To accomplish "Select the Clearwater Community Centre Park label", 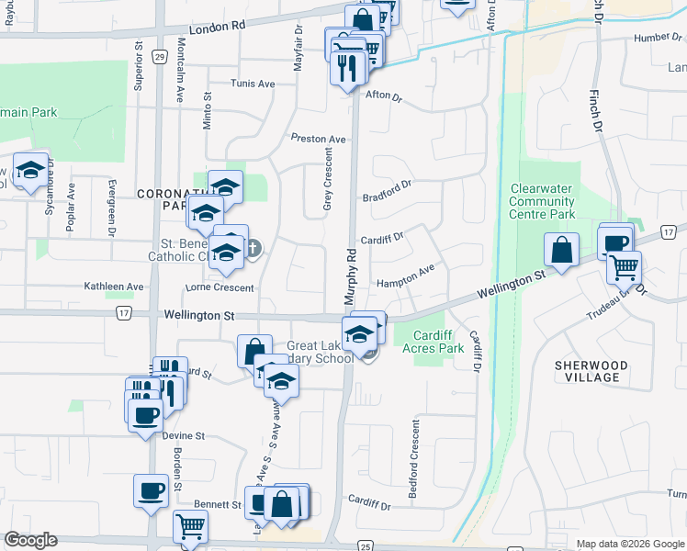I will pyautogui.click(x=542, y=201).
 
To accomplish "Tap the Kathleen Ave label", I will pyautogui.click(x=114, y=287).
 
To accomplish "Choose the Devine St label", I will pyautogui.click(x=184, y=436).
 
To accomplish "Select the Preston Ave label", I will pyautogui.click(x=318, y=139).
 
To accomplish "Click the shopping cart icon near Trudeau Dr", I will pyautogui.click(x=625, y=266).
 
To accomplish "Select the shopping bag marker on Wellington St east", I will pyautogui.click(x=560, y=248).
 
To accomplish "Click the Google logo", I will pyautogui.click(x=30, y=540).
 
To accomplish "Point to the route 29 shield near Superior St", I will pyautogui.click(x=159, y=57).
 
